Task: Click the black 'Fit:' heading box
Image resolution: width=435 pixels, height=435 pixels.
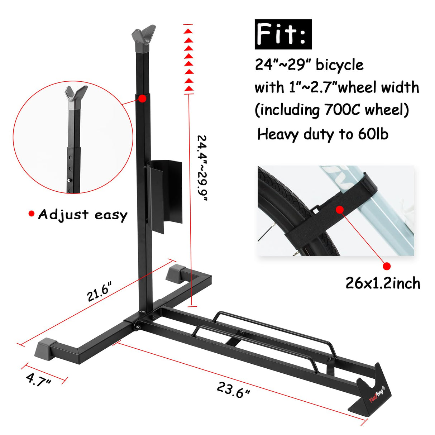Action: pyautogui.click(x=283, y=34)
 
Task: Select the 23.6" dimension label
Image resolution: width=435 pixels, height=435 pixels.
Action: pyautogui.click(x=233, y=389)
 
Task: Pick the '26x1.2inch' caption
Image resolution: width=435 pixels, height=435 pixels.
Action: pyautogui.click(x=383, y=283)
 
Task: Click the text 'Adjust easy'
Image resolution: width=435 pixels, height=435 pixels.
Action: pyautogui.click(x=83, y=215)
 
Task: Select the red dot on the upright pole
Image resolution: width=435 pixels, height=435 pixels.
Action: pyautogui.click(x=142, y=98)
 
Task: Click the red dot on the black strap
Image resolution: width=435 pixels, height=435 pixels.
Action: pyautogui.click(x=340, y=209)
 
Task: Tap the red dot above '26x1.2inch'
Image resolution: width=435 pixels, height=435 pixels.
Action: pyautogui.click(x=386, y=266)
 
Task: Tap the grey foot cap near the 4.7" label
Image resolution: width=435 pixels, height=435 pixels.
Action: pyautogui.click(x=47, y=348)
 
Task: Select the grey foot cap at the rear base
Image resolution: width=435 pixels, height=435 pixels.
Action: pyautogui.click(x=175, y=272)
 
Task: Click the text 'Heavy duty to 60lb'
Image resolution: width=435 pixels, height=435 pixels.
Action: pyautogui.click(x=322, y=134)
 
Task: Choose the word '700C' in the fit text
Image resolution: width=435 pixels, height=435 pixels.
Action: pyautogui.click(x=342, y=110)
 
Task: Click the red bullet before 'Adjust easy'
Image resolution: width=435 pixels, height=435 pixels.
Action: pyautogui.click(x=32, y=214)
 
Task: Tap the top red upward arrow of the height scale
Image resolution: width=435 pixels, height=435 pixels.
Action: pyautogui.click(x=188, y=31)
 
